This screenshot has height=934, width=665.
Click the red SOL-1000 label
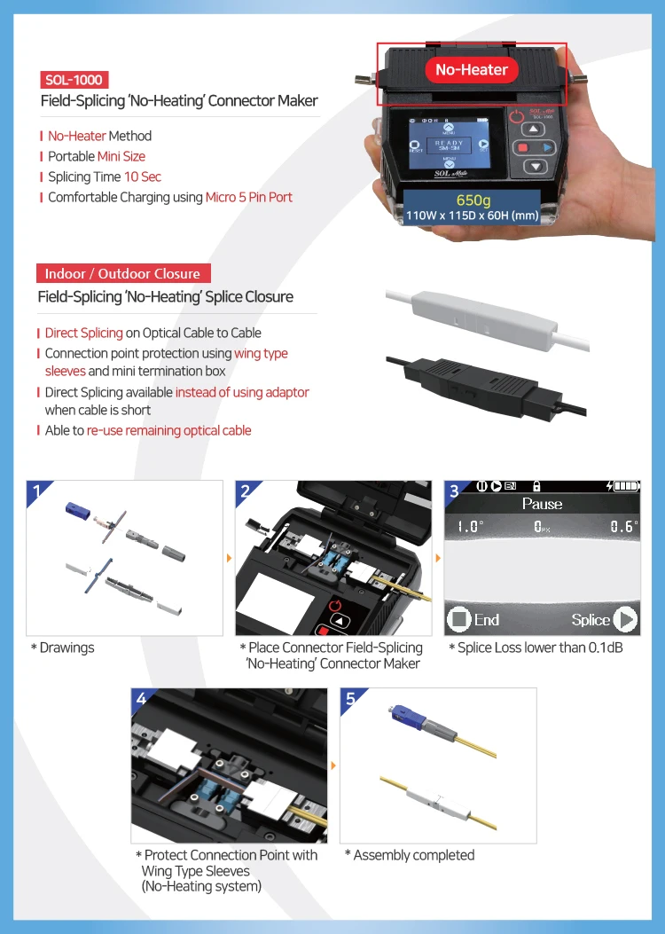(x=74, y=80)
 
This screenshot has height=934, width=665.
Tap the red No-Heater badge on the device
(x=472, y=69)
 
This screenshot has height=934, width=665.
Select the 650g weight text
(x=473, y=200)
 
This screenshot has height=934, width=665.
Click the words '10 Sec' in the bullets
(x=142, y=177)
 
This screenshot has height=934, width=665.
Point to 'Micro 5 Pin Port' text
(x=248, y=197)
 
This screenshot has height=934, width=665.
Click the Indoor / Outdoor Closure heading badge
(x=123, y=273)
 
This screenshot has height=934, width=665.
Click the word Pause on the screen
(x=542, y=504)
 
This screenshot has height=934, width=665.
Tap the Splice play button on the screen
(x=624, y=619)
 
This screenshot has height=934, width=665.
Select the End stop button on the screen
(x=459, y=619)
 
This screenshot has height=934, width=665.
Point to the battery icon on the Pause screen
(x=625, y=486)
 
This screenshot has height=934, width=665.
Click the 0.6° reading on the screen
(x=623, y=527)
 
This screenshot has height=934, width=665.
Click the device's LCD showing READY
(x=449, y=146)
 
